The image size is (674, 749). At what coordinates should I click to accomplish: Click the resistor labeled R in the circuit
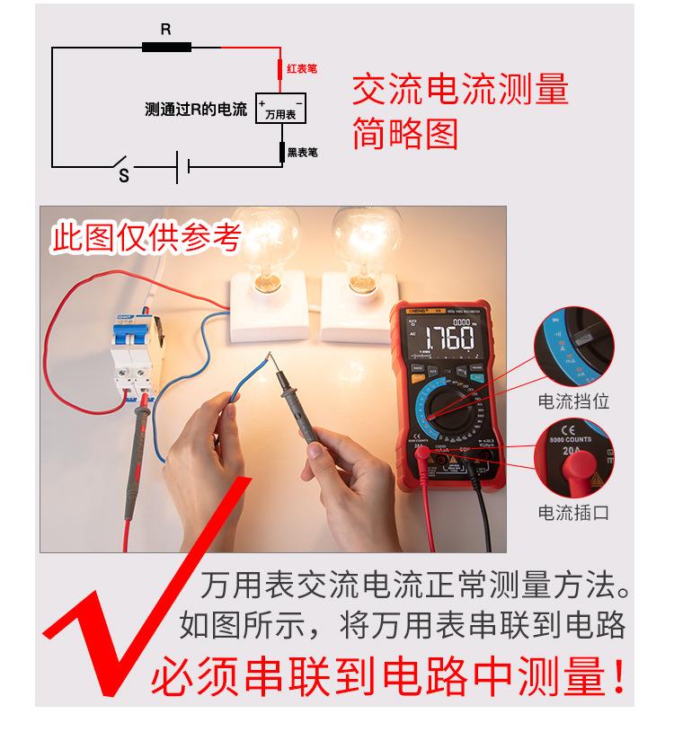166,47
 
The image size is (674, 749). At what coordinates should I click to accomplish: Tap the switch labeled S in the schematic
125,167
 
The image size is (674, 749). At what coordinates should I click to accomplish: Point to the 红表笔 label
301,68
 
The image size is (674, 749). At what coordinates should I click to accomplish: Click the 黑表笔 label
302,153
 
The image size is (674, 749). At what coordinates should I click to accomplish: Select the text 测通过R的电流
195,110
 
